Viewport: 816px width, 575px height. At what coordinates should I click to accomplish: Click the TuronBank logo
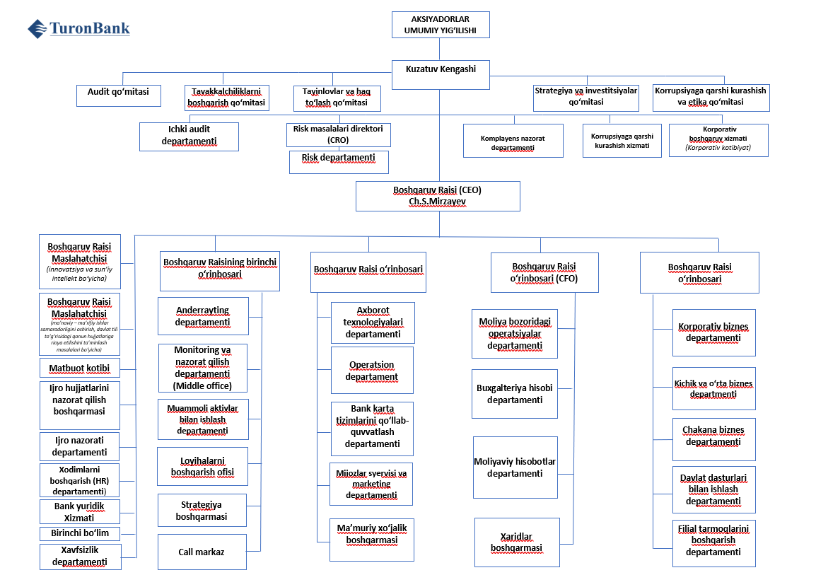tap(78, 29)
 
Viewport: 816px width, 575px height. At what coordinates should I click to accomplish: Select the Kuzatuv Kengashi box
tap(440, 74)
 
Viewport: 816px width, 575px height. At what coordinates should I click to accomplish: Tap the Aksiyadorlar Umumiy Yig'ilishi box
tap(440, 25)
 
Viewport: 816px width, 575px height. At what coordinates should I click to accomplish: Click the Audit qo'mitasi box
tap(118, 95)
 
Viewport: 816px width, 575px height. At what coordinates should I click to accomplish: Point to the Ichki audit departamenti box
tap(189, 137)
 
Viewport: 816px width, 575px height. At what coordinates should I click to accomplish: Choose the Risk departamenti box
tap(339, 162)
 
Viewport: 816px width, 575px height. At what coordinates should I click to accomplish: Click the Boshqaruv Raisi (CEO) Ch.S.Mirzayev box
tap(438, 196)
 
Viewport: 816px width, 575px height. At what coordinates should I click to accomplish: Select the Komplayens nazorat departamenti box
tap(513, 139)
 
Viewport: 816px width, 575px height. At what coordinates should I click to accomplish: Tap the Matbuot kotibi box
tap(80, 368)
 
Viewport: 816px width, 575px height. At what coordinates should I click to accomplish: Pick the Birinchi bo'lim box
tap(80, 533)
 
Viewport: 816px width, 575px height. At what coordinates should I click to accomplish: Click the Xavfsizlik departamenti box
tap(80, 557)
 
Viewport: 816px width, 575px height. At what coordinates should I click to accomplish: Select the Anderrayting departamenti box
tap(203, 316)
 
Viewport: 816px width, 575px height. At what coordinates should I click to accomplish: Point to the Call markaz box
tap(202, 552)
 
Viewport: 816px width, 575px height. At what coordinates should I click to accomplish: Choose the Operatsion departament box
tap(372, 371)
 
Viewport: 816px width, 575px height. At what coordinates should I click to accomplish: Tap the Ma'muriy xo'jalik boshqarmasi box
tap(372, 535)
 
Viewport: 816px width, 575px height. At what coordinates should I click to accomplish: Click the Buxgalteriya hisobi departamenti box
tap(514, 394)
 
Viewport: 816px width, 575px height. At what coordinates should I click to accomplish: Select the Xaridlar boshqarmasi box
tap(516, 542)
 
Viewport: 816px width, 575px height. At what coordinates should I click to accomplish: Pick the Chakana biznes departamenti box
tap(713, 436)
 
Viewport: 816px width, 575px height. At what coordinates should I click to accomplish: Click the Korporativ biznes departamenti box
tap(713, 332)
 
